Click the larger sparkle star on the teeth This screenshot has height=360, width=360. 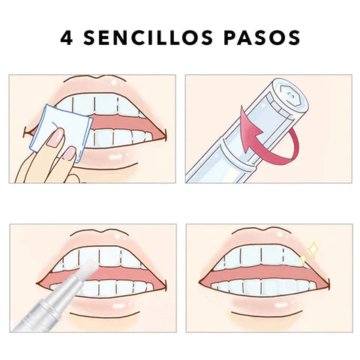pyautogui.click(x=313, y=249)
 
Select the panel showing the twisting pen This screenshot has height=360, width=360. pyautogui.click(x=268, y=128)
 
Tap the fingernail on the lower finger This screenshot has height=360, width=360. pyautogui.click(x=68, y=153)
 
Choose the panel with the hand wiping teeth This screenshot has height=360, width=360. pyautogui.click(x=92, y=128)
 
